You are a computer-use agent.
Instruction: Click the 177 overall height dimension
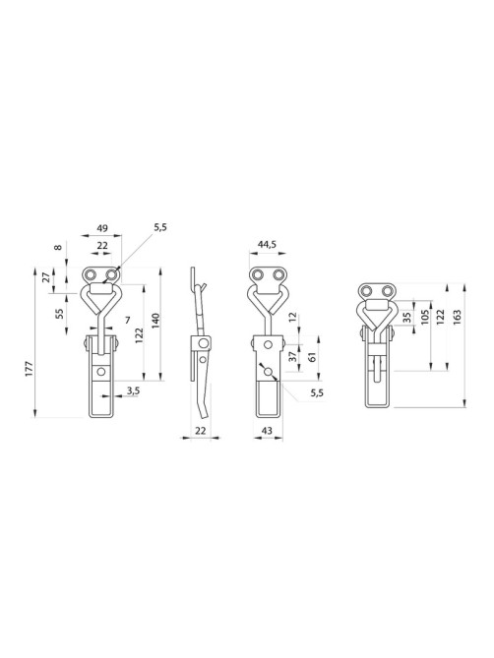(29, 368)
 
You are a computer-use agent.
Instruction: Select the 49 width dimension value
(102, 228)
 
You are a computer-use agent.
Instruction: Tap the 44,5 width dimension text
(267, 246)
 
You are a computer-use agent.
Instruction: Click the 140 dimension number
(154, 321)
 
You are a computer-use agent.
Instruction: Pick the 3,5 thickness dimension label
(134, 390)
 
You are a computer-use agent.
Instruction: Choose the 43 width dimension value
(267, 430)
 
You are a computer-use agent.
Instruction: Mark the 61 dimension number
(312, 357)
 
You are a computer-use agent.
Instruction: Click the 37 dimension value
(293, 356)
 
